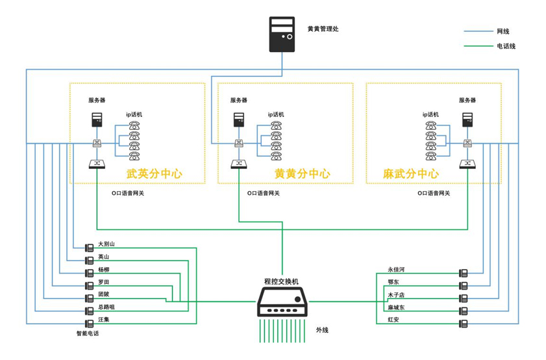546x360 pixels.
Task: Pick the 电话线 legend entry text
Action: pos(506,46)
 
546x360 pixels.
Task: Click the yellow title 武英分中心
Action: pos(154,174)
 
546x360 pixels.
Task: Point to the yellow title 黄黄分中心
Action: pos(302,174)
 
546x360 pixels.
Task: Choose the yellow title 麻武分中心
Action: pos(410,174)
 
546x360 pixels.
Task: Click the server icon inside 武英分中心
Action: pos(97,120)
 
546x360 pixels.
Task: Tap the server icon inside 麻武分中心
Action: pos(467,120)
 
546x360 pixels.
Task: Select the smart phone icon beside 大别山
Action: pos(89,248)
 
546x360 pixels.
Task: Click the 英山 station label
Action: pos(103,257)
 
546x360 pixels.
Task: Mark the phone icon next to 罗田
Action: pos(89,285)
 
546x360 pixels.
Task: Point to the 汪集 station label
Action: pos(103,319)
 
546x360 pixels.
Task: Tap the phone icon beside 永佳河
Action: pos(463,272)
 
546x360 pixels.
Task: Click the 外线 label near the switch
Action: pos(322,330)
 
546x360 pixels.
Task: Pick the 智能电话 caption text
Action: pos(88,333)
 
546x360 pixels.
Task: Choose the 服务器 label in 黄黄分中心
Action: pos(238,100)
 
